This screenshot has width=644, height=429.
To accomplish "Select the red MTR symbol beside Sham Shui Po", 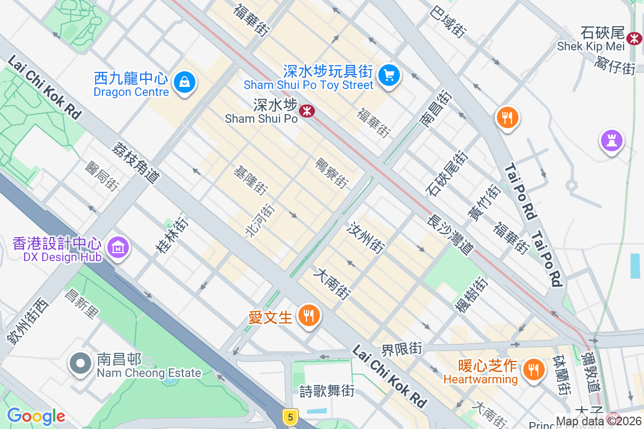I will click(307, 111).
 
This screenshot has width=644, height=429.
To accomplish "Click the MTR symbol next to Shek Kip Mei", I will click(634, 38).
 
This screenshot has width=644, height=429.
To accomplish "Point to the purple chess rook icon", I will click(612, 141).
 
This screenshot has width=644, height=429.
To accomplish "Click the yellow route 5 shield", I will click(290, 417).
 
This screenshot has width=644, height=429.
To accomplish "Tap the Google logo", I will click(36, 416).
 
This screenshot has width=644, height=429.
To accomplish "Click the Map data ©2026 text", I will click(598, 421).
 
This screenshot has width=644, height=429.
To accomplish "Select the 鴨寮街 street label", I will click(332, 173).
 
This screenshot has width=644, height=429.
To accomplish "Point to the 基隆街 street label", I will click(250, 180).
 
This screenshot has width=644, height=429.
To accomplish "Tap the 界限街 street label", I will click(401, 350).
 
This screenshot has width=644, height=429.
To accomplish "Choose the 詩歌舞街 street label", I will click(327, 391).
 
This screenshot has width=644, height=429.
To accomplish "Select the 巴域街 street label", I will click(448, 23).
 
